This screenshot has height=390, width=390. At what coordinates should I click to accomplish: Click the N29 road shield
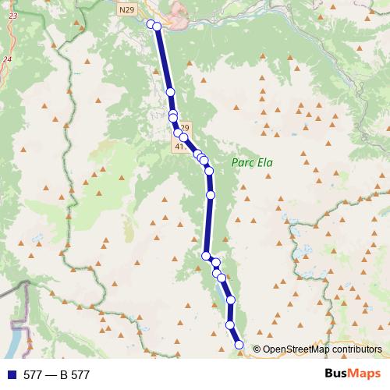point(127,9)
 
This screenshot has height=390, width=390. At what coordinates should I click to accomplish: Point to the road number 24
point(7,59)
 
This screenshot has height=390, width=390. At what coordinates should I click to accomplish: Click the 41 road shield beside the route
point(180,146)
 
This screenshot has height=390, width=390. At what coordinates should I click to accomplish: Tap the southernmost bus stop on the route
point(239,345)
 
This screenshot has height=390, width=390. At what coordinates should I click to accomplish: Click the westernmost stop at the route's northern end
point(151,23)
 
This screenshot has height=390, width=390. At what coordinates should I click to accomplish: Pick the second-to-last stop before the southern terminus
point(230,324)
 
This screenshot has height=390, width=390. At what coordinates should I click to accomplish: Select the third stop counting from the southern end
point(231,300)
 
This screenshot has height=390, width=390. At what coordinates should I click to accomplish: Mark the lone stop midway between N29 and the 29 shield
point(170,92)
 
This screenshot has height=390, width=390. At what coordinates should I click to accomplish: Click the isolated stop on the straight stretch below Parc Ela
point(211,194)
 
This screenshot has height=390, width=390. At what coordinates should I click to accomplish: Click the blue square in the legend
point(11,375)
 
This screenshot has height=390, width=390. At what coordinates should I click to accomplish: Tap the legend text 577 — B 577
point(55,375)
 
